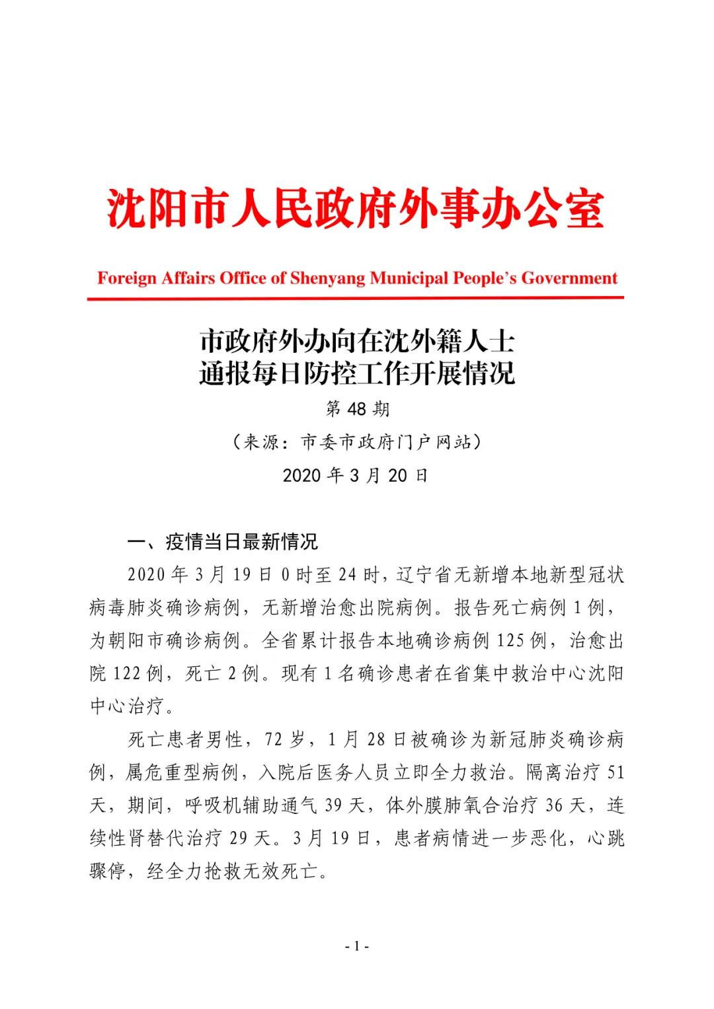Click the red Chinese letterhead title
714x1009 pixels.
coord(356,209)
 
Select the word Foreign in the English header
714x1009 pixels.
coord(124,278)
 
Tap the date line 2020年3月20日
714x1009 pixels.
coord(356,475)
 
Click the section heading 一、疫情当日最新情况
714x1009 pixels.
coord(223,542)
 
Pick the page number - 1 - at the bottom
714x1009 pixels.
coord(357,946)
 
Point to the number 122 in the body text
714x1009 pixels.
coord(127,674)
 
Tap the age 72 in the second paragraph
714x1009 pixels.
coord(274,739)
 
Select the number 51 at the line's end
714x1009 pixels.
coord(614,772)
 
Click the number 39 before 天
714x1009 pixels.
coord(333,805)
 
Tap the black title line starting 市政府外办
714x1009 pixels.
coord(357,342)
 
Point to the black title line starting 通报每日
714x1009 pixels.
coord(357,374)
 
